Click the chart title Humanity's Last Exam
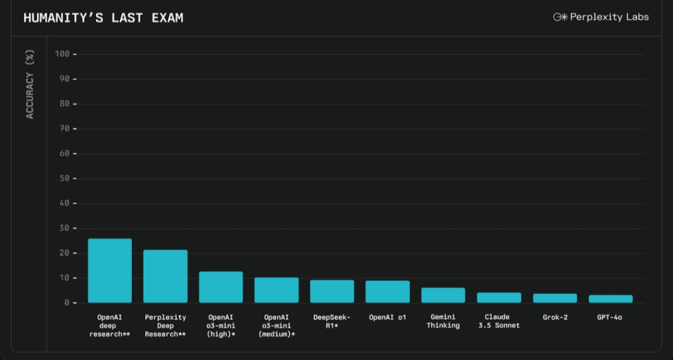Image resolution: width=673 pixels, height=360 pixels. (103, 18)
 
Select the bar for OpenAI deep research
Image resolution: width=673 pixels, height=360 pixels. (110, 271)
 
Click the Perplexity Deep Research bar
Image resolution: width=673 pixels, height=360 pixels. (165, 277)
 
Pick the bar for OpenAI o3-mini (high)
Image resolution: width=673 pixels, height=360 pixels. (221, 287)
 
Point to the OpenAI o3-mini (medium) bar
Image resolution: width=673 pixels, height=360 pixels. (277, 290)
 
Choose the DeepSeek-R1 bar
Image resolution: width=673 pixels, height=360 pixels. (332, 291)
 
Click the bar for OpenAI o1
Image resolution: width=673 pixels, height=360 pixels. (388, 292)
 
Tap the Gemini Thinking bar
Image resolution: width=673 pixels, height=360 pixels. (443, 295)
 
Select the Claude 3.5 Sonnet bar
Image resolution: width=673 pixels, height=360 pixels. (499, 298)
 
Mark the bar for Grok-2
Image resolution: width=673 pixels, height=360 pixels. (555, 298)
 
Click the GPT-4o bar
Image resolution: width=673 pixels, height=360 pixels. (611, 299)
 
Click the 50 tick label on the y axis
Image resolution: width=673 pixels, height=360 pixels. (65, 179)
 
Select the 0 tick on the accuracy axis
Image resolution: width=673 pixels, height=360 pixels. (67, 303)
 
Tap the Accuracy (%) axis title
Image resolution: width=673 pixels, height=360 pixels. (30, 84)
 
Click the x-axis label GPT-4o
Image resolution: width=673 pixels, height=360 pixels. (609, 318)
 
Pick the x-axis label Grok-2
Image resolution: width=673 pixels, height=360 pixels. (555, 318)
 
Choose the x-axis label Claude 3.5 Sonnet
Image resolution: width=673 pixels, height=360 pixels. (499, 321)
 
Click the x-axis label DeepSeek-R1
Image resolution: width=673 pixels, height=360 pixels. (332, 321)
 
